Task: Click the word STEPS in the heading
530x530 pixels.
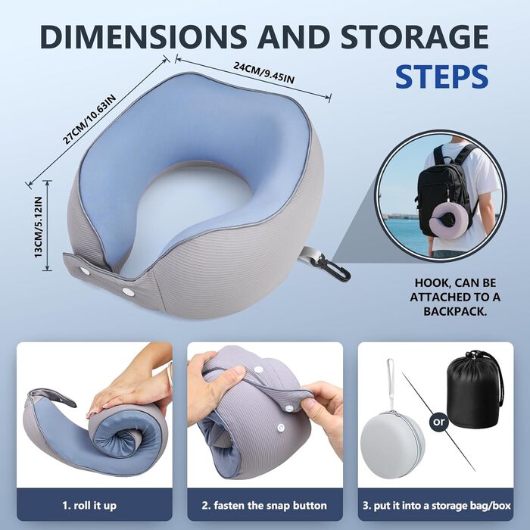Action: (x=441, y=76)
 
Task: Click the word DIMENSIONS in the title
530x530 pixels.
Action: (x=143, y=36)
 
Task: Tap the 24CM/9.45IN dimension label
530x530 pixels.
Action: (x=263, y=73)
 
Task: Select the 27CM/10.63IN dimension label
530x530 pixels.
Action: (x=89, y=119)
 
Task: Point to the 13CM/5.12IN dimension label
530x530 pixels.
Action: (x=39, y=227)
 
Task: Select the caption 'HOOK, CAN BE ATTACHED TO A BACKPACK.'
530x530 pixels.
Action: (x=455, y=297)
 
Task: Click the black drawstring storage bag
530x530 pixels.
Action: (x=475, y=385)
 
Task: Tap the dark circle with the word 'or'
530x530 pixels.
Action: (x=438, y=422)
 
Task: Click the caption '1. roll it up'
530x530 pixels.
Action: (x=89, y=505)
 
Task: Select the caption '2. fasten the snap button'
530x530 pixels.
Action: (x=264, y=505)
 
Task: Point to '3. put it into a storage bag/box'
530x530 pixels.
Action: (x=436, y=506)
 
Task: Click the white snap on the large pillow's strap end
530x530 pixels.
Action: (x=83, y=270)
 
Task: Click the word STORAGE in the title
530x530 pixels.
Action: (x=414, y=36)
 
